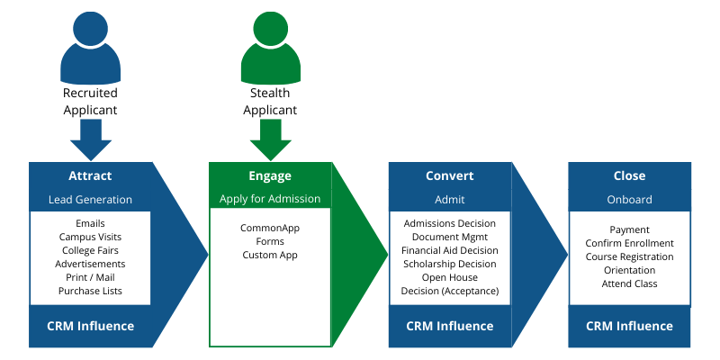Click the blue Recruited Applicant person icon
click(x=91, y=48)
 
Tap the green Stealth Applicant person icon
click(x=271, y=48)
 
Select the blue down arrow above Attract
click(x=91, y=140)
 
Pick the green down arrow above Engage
click(x=271, y=140)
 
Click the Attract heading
click(x=90, y=175)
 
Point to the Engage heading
click(x=270, y=176)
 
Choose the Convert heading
click(x=449, y=175)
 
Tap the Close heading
click(x=629, y=175)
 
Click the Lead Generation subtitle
click(x=90, y=200)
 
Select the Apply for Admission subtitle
click(x=270, y=199)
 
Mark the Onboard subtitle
click(x=629, y=200)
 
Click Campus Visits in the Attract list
click(x=90, y=237)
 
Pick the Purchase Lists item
click(x=90, y=291)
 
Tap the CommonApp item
click(x=270, y=229)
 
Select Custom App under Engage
click(x=270, y=256)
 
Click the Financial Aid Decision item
click(x=449, y=251)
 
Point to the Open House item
click(x=449, y=278)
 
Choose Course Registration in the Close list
click(x=629, y=256)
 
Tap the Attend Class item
click(x=629, y=283)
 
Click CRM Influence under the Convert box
click(x=449, y=326)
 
